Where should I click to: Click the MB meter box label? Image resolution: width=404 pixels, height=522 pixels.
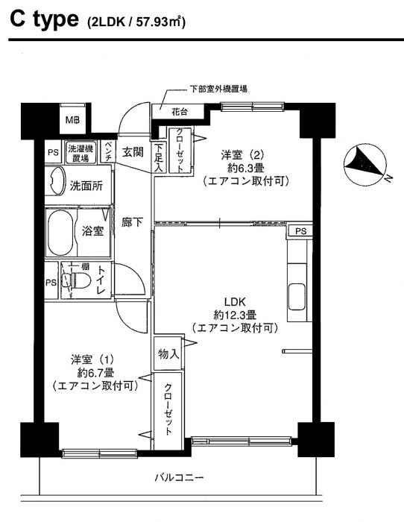click(x=72, y=119)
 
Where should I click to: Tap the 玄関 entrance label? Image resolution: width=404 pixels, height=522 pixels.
click(x=133, y=152)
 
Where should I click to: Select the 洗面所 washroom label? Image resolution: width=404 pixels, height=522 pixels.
click(x=86, y=186)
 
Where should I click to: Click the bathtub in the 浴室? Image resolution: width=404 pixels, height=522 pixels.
click(x=60, y=233)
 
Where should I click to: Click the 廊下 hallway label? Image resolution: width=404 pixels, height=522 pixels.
click(x=133, y=222)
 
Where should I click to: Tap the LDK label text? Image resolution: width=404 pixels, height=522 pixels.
click(x=235, y=302)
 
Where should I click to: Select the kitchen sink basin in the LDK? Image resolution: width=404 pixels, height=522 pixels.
click(x=297, y=297)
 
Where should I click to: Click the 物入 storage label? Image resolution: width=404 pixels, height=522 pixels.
click(x=168, y=353)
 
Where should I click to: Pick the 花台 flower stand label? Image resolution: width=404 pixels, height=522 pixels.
click(x=180, y=112)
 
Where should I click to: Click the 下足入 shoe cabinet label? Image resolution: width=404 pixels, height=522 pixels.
click(x=159, y=157)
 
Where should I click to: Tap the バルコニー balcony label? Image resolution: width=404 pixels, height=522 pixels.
click(x=179, y=478)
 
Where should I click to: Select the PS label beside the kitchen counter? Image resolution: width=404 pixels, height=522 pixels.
click(x=300, y=230)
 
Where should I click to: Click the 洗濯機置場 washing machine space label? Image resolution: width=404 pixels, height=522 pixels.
click(x=81, y=153)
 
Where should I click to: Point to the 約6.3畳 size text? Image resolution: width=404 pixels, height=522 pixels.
click(x=247, y=168)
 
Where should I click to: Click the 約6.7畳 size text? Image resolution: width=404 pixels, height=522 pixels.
click(x=96, y=373)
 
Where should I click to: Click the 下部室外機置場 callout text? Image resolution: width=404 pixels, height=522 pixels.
click(x=218, y=89)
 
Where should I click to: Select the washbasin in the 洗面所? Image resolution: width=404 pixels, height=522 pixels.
click(x=55, y=180)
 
